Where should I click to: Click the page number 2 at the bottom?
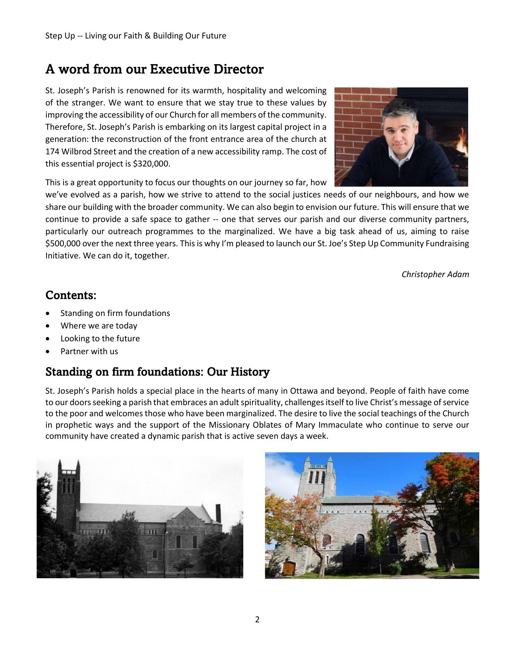257,619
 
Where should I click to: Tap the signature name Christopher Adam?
435,274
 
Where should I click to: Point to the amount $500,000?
63,244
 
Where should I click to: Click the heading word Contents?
71,296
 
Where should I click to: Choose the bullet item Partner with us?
89,351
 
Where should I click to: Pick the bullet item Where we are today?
99,326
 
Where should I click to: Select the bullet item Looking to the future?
100,339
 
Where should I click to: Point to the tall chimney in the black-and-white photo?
218,515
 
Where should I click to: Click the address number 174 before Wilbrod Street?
52,152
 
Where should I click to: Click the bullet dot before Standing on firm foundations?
48,314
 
